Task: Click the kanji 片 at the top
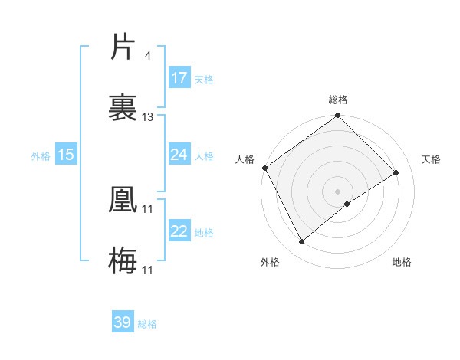[x=123, y=47]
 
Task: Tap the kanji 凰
[x=123, y=198]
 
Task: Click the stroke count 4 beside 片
[x=147, y=55]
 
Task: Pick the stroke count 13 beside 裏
[x=148, y=116]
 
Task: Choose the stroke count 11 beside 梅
[x=148, y=270]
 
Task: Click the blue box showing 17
[x=179, y=78]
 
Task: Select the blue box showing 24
[x=179, y=155]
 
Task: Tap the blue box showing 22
[x=179, y=231]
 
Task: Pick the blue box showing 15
[x=66, y=155]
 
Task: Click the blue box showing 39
[x=123, y=322]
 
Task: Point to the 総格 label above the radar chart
[x=338, y=100]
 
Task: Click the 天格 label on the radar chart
[x=432, y=159]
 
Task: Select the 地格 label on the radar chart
[x=402, y=262]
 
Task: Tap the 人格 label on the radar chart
[x=245, y=159]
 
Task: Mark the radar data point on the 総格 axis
[x=338, y=116]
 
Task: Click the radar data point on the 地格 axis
[x=347, y=204]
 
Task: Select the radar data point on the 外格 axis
[x=302, y=241]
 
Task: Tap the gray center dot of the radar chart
[x=338, y=191]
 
